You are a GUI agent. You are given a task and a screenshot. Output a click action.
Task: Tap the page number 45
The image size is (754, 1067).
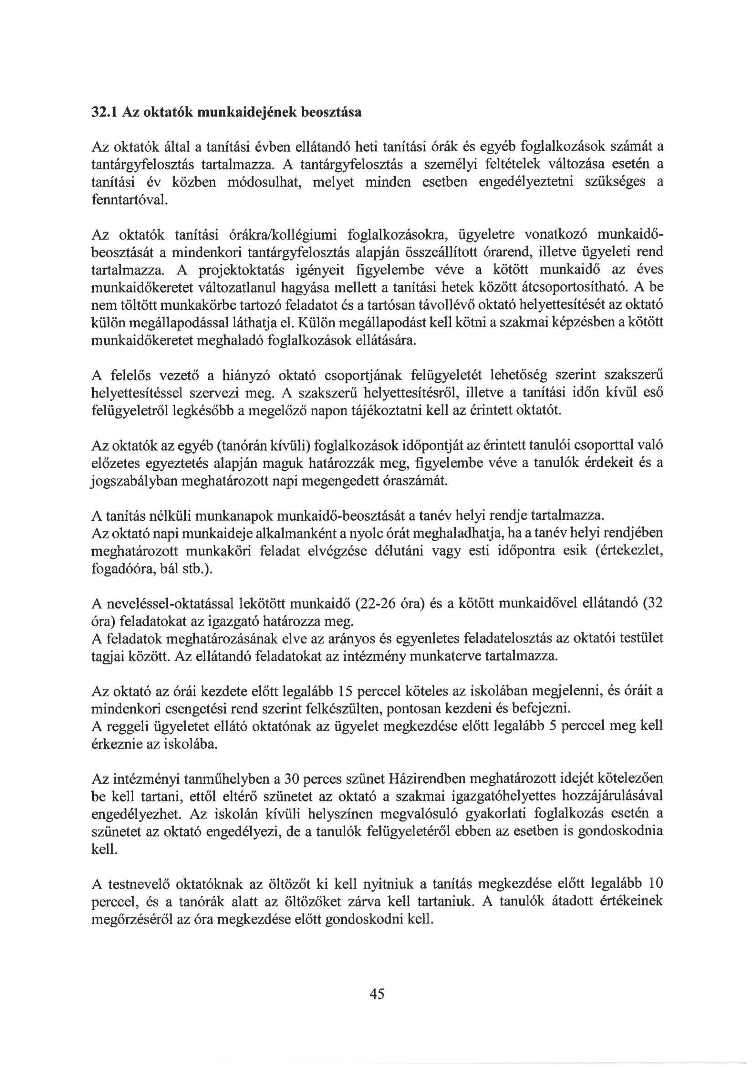pos(377,994)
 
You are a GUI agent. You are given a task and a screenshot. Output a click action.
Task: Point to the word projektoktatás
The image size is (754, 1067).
pos(242,270)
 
